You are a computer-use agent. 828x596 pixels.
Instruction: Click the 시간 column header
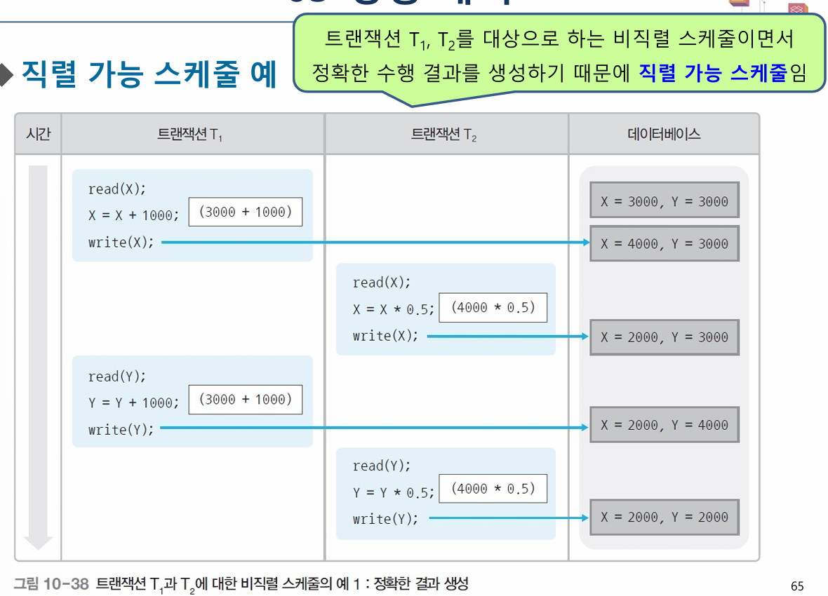point(38,134)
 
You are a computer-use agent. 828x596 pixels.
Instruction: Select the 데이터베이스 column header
point(664,134)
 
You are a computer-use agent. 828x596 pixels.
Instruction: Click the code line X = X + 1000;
point(133,215)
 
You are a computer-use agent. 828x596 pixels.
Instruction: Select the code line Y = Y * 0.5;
point(394,492)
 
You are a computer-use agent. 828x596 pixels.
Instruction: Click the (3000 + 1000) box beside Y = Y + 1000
point(246,399)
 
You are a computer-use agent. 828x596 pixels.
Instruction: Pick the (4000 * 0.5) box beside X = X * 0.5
point(493,307)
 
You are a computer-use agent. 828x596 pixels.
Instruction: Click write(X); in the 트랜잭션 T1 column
point(121,243)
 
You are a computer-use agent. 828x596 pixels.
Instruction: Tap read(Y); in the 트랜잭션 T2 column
point(382,466)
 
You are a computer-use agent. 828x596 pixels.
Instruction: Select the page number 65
point(796,586)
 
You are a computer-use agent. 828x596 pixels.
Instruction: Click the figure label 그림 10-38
point(51,583)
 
